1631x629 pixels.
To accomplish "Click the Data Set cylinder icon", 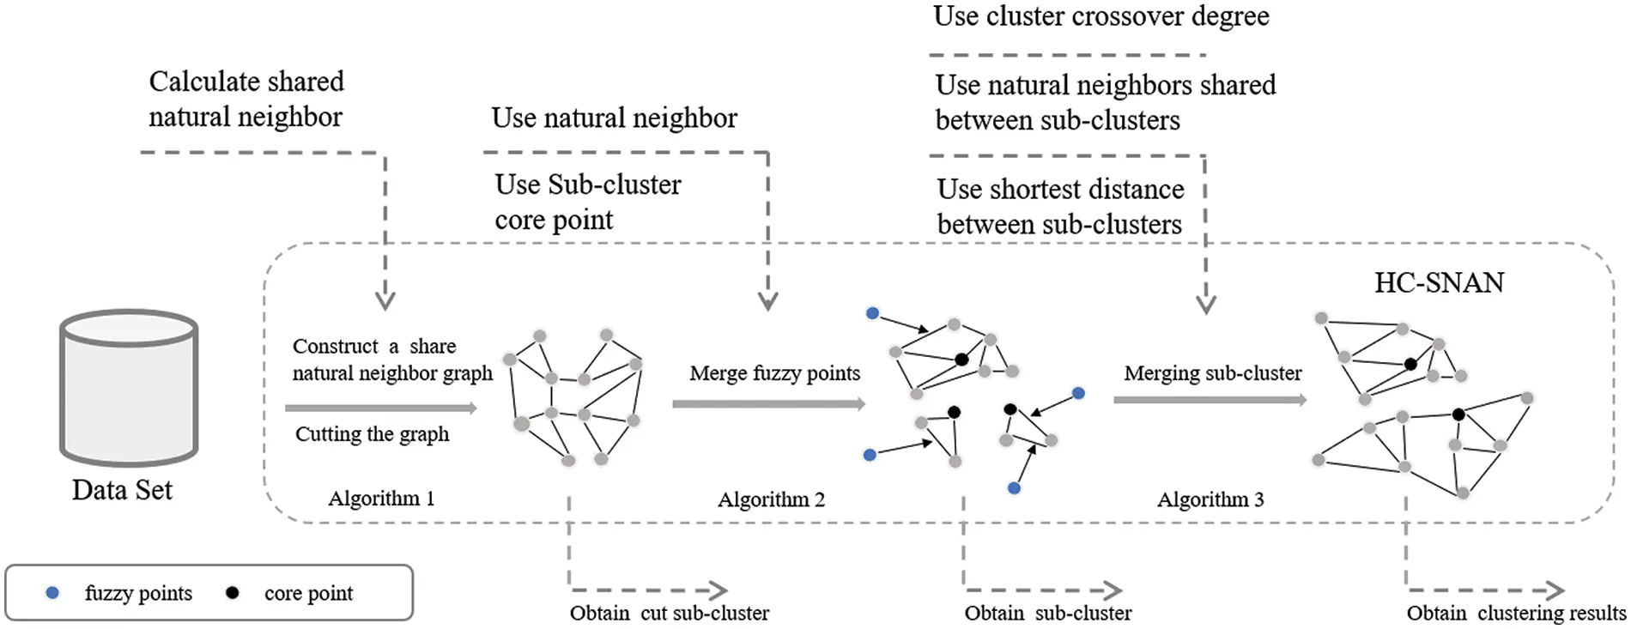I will tap(129, 388).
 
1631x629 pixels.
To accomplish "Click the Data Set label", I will tap(122, 490).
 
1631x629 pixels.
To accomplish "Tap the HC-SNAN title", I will tap(1439, 282).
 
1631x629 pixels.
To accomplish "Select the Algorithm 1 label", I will tap(381, 499).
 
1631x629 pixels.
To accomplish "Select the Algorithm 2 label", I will tap(771, 499).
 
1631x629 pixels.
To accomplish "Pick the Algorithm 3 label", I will tap(1210, 499).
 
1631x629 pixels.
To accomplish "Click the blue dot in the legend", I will tap(52, 593).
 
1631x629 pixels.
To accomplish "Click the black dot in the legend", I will tap(232, 593).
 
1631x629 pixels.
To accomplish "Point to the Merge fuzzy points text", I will tap(774, 373).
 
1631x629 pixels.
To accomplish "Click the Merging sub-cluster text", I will tap(1212, 373).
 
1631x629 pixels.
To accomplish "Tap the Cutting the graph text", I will tap(372, 434).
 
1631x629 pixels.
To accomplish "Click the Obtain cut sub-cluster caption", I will tap(669, 614).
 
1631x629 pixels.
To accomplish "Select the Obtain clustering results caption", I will tap(1515, 614).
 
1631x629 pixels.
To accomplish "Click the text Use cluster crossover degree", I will tap(1100, 16).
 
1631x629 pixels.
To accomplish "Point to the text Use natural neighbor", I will tap(614, 118).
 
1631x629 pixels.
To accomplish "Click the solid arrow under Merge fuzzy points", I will tap(768, 403).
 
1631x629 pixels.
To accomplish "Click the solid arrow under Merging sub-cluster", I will tap(1210, 400).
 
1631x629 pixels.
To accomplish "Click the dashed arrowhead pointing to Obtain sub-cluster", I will tap(1113, 590).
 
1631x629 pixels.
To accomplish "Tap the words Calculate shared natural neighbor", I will tap(246, 99).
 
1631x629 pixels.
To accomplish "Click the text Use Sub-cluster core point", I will tap(587, 203).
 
